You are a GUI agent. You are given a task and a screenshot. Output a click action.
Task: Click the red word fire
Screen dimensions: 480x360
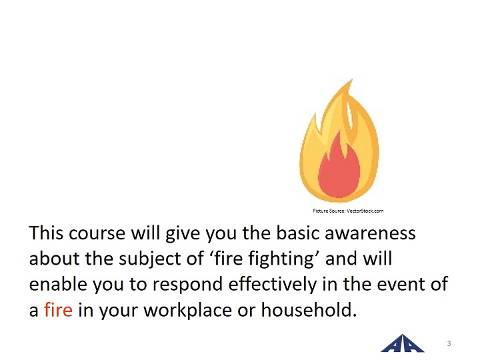coord(58,309)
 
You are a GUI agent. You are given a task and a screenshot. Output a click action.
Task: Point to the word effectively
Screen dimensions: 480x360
coord(272,284)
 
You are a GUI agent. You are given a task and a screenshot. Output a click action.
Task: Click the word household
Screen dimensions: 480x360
coord(309,309)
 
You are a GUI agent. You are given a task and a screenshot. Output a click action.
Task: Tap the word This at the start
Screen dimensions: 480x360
coord(45,233)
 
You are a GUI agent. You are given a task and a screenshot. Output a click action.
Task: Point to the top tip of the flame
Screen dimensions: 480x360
coord(352,79)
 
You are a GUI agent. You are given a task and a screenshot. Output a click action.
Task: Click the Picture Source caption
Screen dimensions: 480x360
coord(348,211)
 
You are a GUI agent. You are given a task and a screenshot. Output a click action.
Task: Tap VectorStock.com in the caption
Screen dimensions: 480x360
coord(365,211)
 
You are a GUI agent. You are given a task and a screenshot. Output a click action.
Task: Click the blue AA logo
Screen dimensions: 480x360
coord(402,344)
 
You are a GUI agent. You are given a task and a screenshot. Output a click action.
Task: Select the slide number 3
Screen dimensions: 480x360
coord(449,343)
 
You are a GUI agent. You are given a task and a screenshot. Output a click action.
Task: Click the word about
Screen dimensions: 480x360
coord(54,259)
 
